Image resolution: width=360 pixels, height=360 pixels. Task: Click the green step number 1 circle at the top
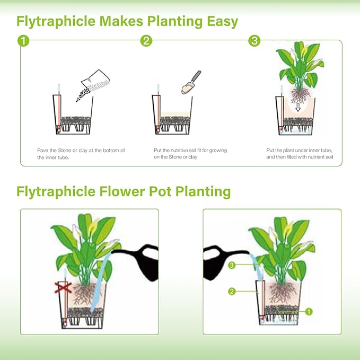tap(22, 41)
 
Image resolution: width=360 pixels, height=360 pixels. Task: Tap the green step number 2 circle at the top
tap(146, 41)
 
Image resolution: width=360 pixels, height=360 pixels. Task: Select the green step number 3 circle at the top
tap(254, 41)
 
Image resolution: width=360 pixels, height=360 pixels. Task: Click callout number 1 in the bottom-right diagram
tap(309, 311)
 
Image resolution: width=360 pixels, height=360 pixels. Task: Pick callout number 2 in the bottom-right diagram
tap(231, 291)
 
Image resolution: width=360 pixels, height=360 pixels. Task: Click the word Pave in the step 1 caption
tap(43, 151)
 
